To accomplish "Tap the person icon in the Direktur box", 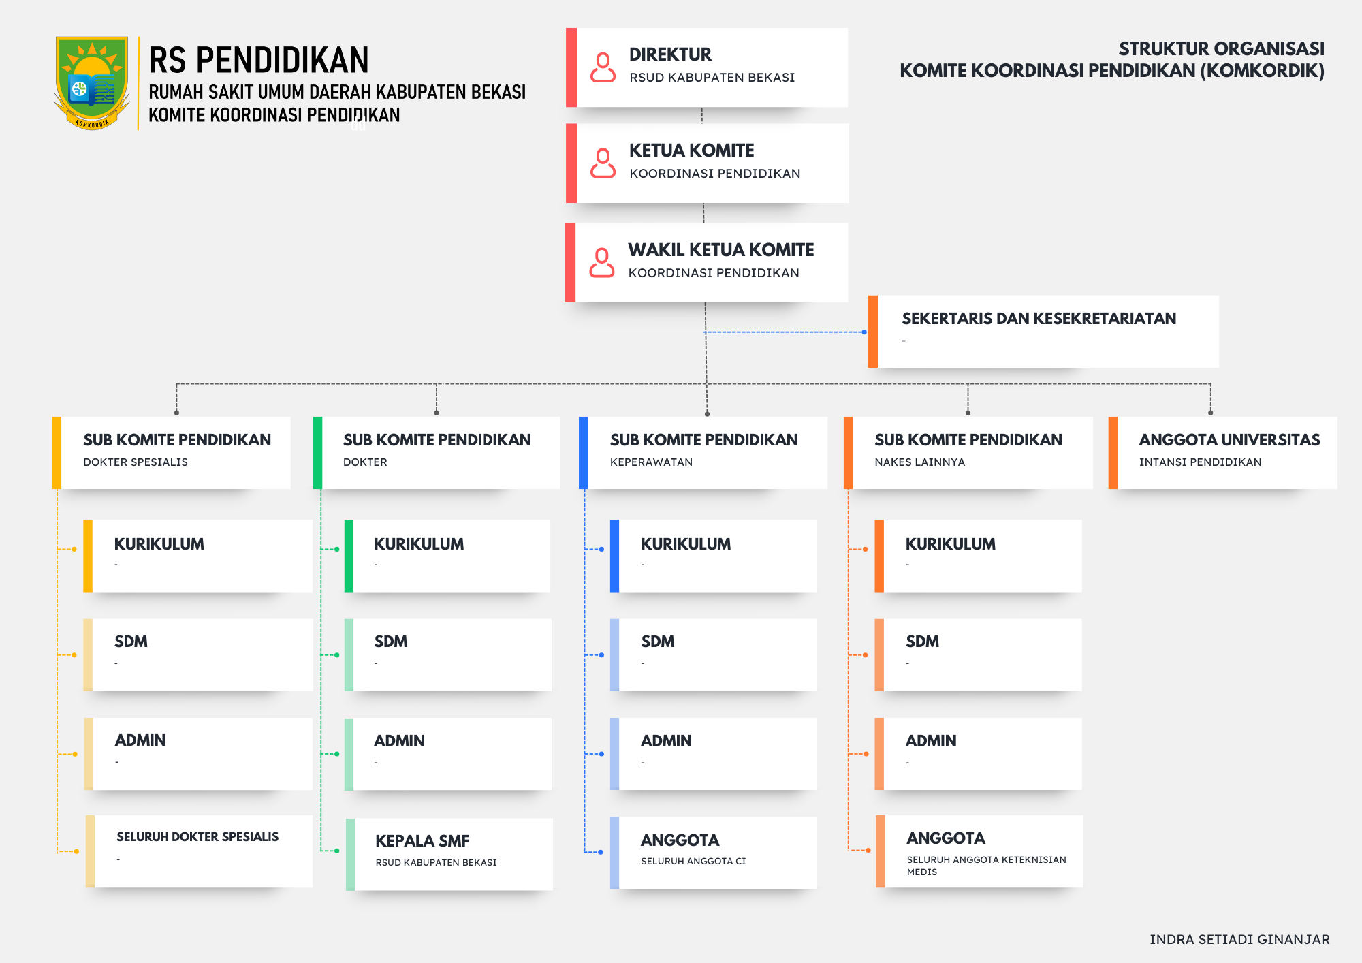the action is (603, 67).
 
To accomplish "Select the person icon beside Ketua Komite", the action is (603, 163).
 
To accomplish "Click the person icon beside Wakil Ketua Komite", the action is (601, 263).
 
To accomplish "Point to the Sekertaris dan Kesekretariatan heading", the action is (1039, 319).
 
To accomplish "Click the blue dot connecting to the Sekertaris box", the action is (864, 332).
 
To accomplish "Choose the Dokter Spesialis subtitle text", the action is (136, 462).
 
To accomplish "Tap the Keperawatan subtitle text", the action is (651, 462).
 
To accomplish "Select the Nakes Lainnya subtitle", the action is (919, 462).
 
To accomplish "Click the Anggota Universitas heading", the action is (1229, 440).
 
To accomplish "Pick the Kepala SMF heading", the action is (422, 841).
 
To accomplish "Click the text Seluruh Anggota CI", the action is (693, 861).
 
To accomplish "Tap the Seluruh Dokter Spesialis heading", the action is (197, 836).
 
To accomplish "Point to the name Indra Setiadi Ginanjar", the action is (1239, 939).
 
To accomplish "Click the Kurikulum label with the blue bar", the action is (686, 544).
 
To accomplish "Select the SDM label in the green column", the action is (391, 642).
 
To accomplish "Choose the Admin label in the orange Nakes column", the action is (931, 741).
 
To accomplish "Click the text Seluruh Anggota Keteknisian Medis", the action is (986, 866).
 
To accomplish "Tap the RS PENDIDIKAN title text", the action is (259, 60).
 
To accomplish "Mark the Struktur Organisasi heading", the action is (1221, 49).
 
